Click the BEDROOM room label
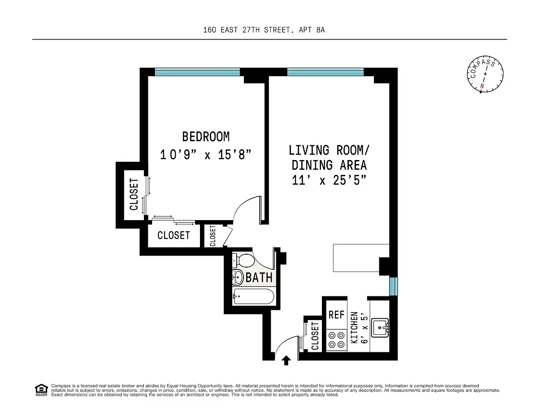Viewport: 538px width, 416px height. (x=206, y=136)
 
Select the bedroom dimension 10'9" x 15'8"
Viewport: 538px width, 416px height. (x=206, y=155)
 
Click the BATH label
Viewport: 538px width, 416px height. (x=259, y=277)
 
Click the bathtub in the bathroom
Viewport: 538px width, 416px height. (x=253, y=296)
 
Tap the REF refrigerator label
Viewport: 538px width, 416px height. (x=336, y=315)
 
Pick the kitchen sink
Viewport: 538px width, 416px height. (x=381, y=327)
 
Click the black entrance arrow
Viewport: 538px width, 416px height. (x=286, y=360)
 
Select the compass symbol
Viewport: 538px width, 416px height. (x=484, y=75)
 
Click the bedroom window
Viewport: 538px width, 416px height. (x=197, y=72)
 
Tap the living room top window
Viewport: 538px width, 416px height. (x=325, y=72)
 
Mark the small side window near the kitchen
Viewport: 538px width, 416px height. (x=393, y=286)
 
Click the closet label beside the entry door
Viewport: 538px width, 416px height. (x=315, y=336)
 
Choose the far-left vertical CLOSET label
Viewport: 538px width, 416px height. (x=134, y=194)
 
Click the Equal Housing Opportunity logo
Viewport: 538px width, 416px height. (x=41, y=390)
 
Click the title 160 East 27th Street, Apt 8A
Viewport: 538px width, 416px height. (x=269, y=30)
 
